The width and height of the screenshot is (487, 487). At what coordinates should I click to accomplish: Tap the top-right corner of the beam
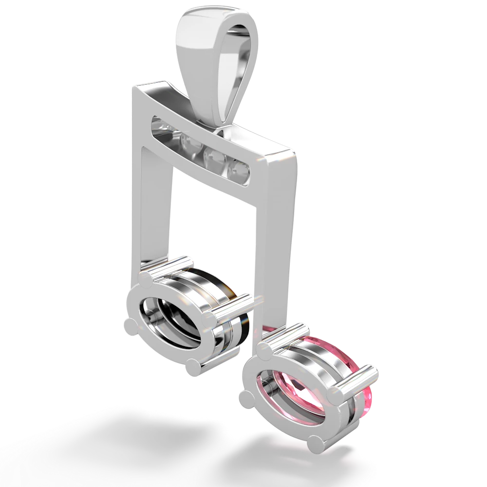pyautogui.click(x=296, y=155)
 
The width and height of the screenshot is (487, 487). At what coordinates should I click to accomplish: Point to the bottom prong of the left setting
pyautogui.click(x=193, y=366)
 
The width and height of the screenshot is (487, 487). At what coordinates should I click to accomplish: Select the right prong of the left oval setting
pyautogui.click(x=210, y=320)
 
